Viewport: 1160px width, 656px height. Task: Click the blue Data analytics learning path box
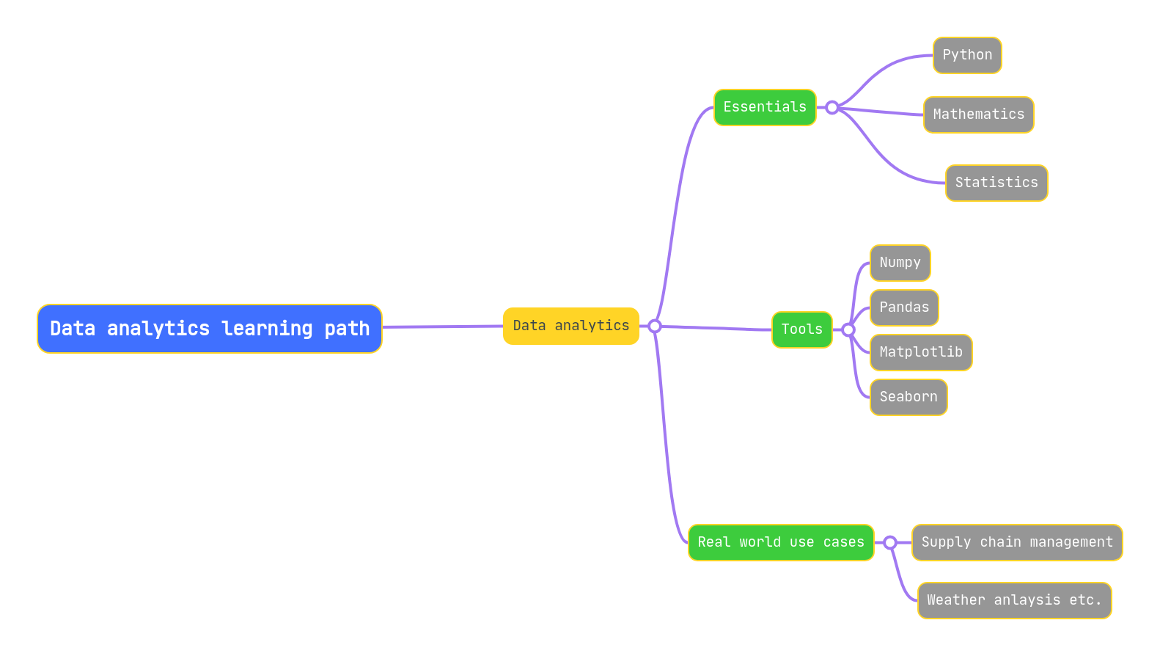pos(209,329)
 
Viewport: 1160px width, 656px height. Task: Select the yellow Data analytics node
pos(570,326)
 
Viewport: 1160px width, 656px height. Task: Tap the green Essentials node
pos(764,107)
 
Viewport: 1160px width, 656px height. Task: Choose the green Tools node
pos(801,329)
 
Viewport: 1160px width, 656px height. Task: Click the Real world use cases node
pos(780,542)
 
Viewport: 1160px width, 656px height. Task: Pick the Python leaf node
pos(966,55)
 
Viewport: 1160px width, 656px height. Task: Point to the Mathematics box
pos(978,114)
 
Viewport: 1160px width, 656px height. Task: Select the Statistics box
pos(996,183)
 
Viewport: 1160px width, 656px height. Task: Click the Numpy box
pos(900,263)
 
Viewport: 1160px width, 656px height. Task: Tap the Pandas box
pos(903,307)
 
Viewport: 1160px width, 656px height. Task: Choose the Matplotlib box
pos(920,352)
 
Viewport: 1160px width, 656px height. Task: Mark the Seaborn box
pos(908,397)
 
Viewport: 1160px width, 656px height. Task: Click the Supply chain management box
pos(1016,542)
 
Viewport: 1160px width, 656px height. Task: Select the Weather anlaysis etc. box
pos(1014,600)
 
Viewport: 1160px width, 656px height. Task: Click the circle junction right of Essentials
pos(832,108)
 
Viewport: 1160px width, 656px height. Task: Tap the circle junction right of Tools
pos(848,330)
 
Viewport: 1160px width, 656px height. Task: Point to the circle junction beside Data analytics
pos(655,327)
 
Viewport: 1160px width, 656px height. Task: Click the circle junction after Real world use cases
pos(889,543)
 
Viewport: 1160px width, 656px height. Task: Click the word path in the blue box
pos(347,329)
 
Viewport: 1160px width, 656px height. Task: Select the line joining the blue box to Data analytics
pos(442,327)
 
